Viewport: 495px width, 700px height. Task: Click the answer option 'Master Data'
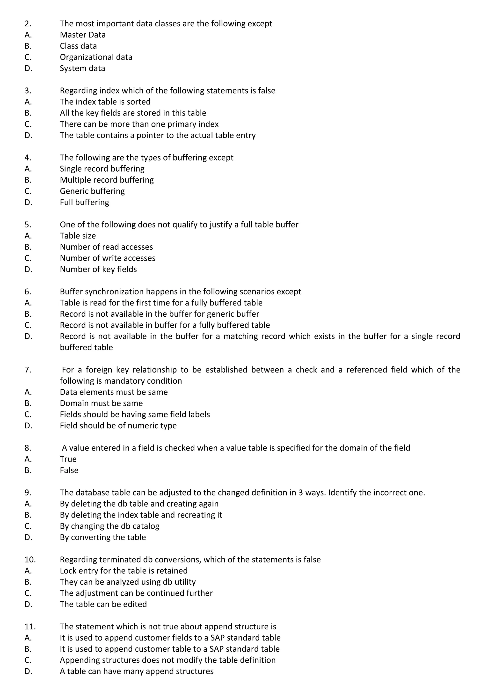pyautogui.click(x=83, y=35)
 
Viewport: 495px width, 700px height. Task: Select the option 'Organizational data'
pyautogui.click(x=96, y=57)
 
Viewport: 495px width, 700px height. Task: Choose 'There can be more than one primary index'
pyautogui.click(x=139, y=124)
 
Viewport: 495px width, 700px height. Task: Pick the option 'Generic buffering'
pyautogui.click(x=92, y=191)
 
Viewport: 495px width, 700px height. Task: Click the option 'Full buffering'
pyautogui.click(x=84, y=202)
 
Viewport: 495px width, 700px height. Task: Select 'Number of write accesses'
pyautogui.click(x=107, y=258)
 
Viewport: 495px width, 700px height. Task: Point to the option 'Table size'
pyautogui.click(x=78, y=236)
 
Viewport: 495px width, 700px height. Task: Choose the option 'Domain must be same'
pyautogui.click(x=101, y=403)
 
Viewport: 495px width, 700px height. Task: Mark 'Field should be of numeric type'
pyautogui.click(x=118, y=426)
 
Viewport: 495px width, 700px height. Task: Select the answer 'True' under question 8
pyautogui.click(x=68, y=459)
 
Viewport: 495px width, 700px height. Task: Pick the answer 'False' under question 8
pyautogui.click(x=69, y=470)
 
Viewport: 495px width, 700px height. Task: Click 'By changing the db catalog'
pyautogui.click(x=109, y=526)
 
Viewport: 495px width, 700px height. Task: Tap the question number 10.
pyautogui.click(x=30, y=560)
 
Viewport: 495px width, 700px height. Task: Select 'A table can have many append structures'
pyautogui.click(x=137, y=671)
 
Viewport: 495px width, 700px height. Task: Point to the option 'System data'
pyautogui.click(x=82, y=68)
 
